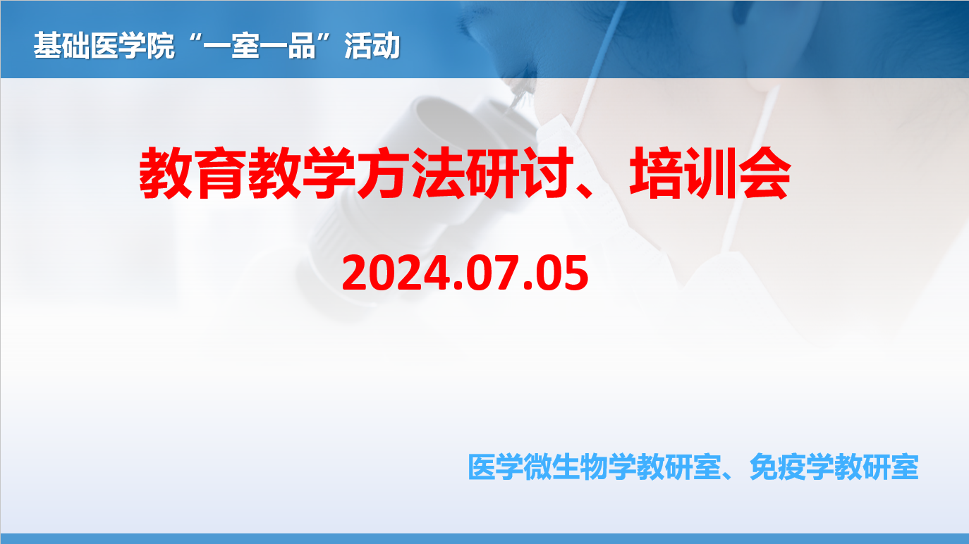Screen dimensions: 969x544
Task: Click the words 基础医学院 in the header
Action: pos(104,45)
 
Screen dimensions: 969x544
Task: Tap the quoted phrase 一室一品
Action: pos(259,46)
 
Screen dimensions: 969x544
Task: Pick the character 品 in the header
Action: pos(302,46)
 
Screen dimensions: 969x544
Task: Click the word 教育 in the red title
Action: pos(190,173)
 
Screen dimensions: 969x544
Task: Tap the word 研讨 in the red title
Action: pos(517,173)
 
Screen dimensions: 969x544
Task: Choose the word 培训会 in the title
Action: pos(710,173)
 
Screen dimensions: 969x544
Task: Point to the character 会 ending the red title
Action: pos(764,173)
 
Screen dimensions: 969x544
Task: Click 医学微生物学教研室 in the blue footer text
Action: pos(595,467)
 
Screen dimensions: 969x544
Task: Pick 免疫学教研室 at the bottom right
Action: pos(834,467)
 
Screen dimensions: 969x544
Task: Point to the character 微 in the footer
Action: pos(538,467)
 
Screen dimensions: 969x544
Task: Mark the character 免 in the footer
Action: pos(764,467)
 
